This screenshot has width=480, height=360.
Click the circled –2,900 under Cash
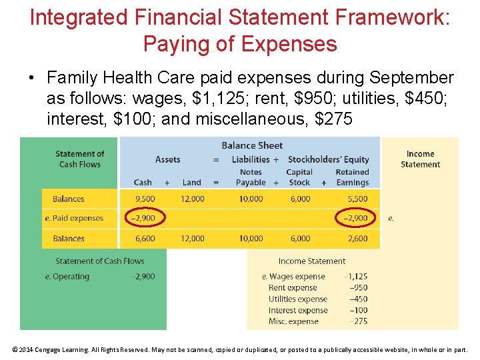pyautogui.click(x=144, y=218)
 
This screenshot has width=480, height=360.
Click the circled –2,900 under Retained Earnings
pyautogui.click(x=355, y=218)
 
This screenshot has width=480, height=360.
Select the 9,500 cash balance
pyautogui.click(x=144, y=199)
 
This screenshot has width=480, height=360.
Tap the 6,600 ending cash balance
pyautogui.click(x=144, y=239)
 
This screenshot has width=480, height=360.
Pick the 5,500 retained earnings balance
pyautogui.click(x=357, y=199)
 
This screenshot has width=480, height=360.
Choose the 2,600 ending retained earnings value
pyautogui.click(x=357, y=239)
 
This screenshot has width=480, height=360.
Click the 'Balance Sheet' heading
pyautogui.click(x=252, y=145)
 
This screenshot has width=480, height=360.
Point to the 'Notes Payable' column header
pyautogui.click(x=251, y=177)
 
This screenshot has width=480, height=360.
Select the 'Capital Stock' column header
pyautogui.click(x=299, y=177)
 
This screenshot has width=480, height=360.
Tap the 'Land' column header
pyautogui.click(x=191, y=183)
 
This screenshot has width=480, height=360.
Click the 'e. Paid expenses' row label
pyautogui.click(x=74, y=218)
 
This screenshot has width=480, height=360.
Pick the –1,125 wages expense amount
pyautogui.click(x=355, y=277)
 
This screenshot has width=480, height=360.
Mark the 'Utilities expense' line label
pyautogui.click(x=298, y=299)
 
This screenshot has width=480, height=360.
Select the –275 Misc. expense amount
pyautogui.click(x=358, y=321)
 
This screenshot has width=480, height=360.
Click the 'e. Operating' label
pyautogui.click(x=67, y=277)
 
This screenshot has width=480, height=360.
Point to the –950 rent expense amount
pyautogui.click(x=358, y=288)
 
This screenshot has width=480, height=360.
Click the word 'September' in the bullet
pyautogui.click(x=404, y=78)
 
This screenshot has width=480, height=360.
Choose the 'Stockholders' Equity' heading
pyautogui.click(x=328, y=159)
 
